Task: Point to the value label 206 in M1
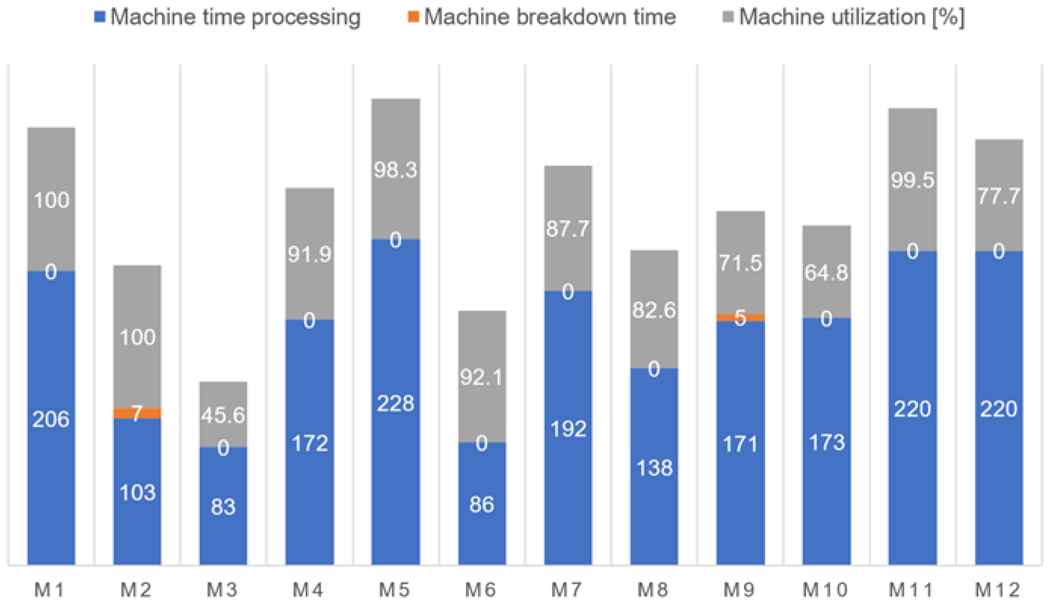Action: [x=51, y=419]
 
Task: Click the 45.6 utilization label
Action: [x=223, y=415]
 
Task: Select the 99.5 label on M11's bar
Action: [x=912, y=180]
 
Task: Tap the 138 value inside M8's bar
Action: [x=654, y=469]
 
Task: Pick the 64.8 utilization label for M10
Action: [x=826, y=273]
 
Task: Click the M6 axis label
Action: [x=481, y=590]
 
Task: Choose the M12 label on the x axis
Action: [x=998, y=590]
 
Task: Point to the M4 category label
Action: [x=308, y=590]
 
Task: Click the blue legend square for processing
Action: [x=100, y=17]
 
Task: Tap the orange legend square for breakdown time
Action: [x=413, y=17]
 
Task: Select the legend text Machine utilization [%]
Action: [x=852, y=17]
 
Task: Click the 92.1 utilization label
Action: [x=481, y=377]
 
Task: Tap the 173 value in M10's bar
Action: [x=827, y=442]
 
